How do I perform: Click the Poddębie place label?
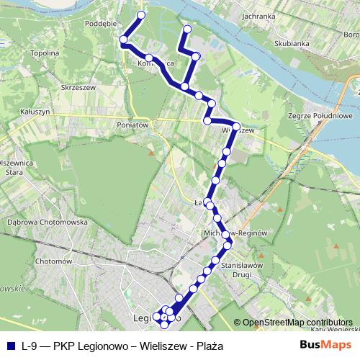(x=101, y=22)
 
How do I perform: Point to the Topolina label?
(x=45, y=53)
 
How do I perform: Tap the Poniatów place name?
(x=132, y=124)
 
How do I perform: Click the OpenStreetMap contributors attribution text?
(x=294, y=323)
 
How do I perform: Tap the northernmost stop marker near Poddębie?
(x=141, y=14)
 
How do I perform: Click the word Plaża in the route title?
(x=209, y=346)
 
